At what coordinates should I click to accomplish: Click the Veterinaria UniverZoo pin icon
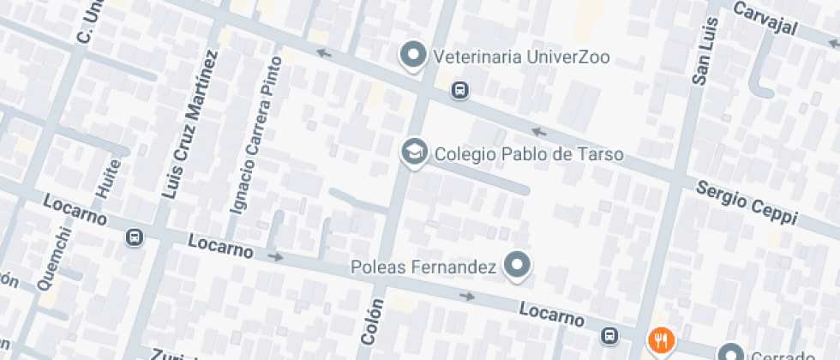tap(415, 56)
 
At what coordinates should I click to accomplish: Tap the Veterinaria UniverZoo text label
tap(522, 57)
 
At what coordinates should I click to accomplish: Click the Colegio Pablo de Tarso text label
tap(529, 155)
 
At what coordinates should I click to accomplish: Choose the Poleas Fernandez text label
tap(424, 267)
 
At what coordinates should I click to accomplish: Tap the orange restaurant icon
tap(661, 340)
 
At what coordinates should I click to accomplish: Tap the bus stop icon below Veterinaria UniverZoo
tap(460, 89)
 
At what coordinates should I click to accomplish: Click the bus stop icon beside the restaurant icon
tap(609, 335)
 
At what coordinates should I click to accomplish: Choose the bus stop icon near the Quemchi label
tap(135, 237)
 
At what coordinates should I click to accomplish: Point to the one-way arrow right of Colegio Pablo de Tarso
tap(539, 132)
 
